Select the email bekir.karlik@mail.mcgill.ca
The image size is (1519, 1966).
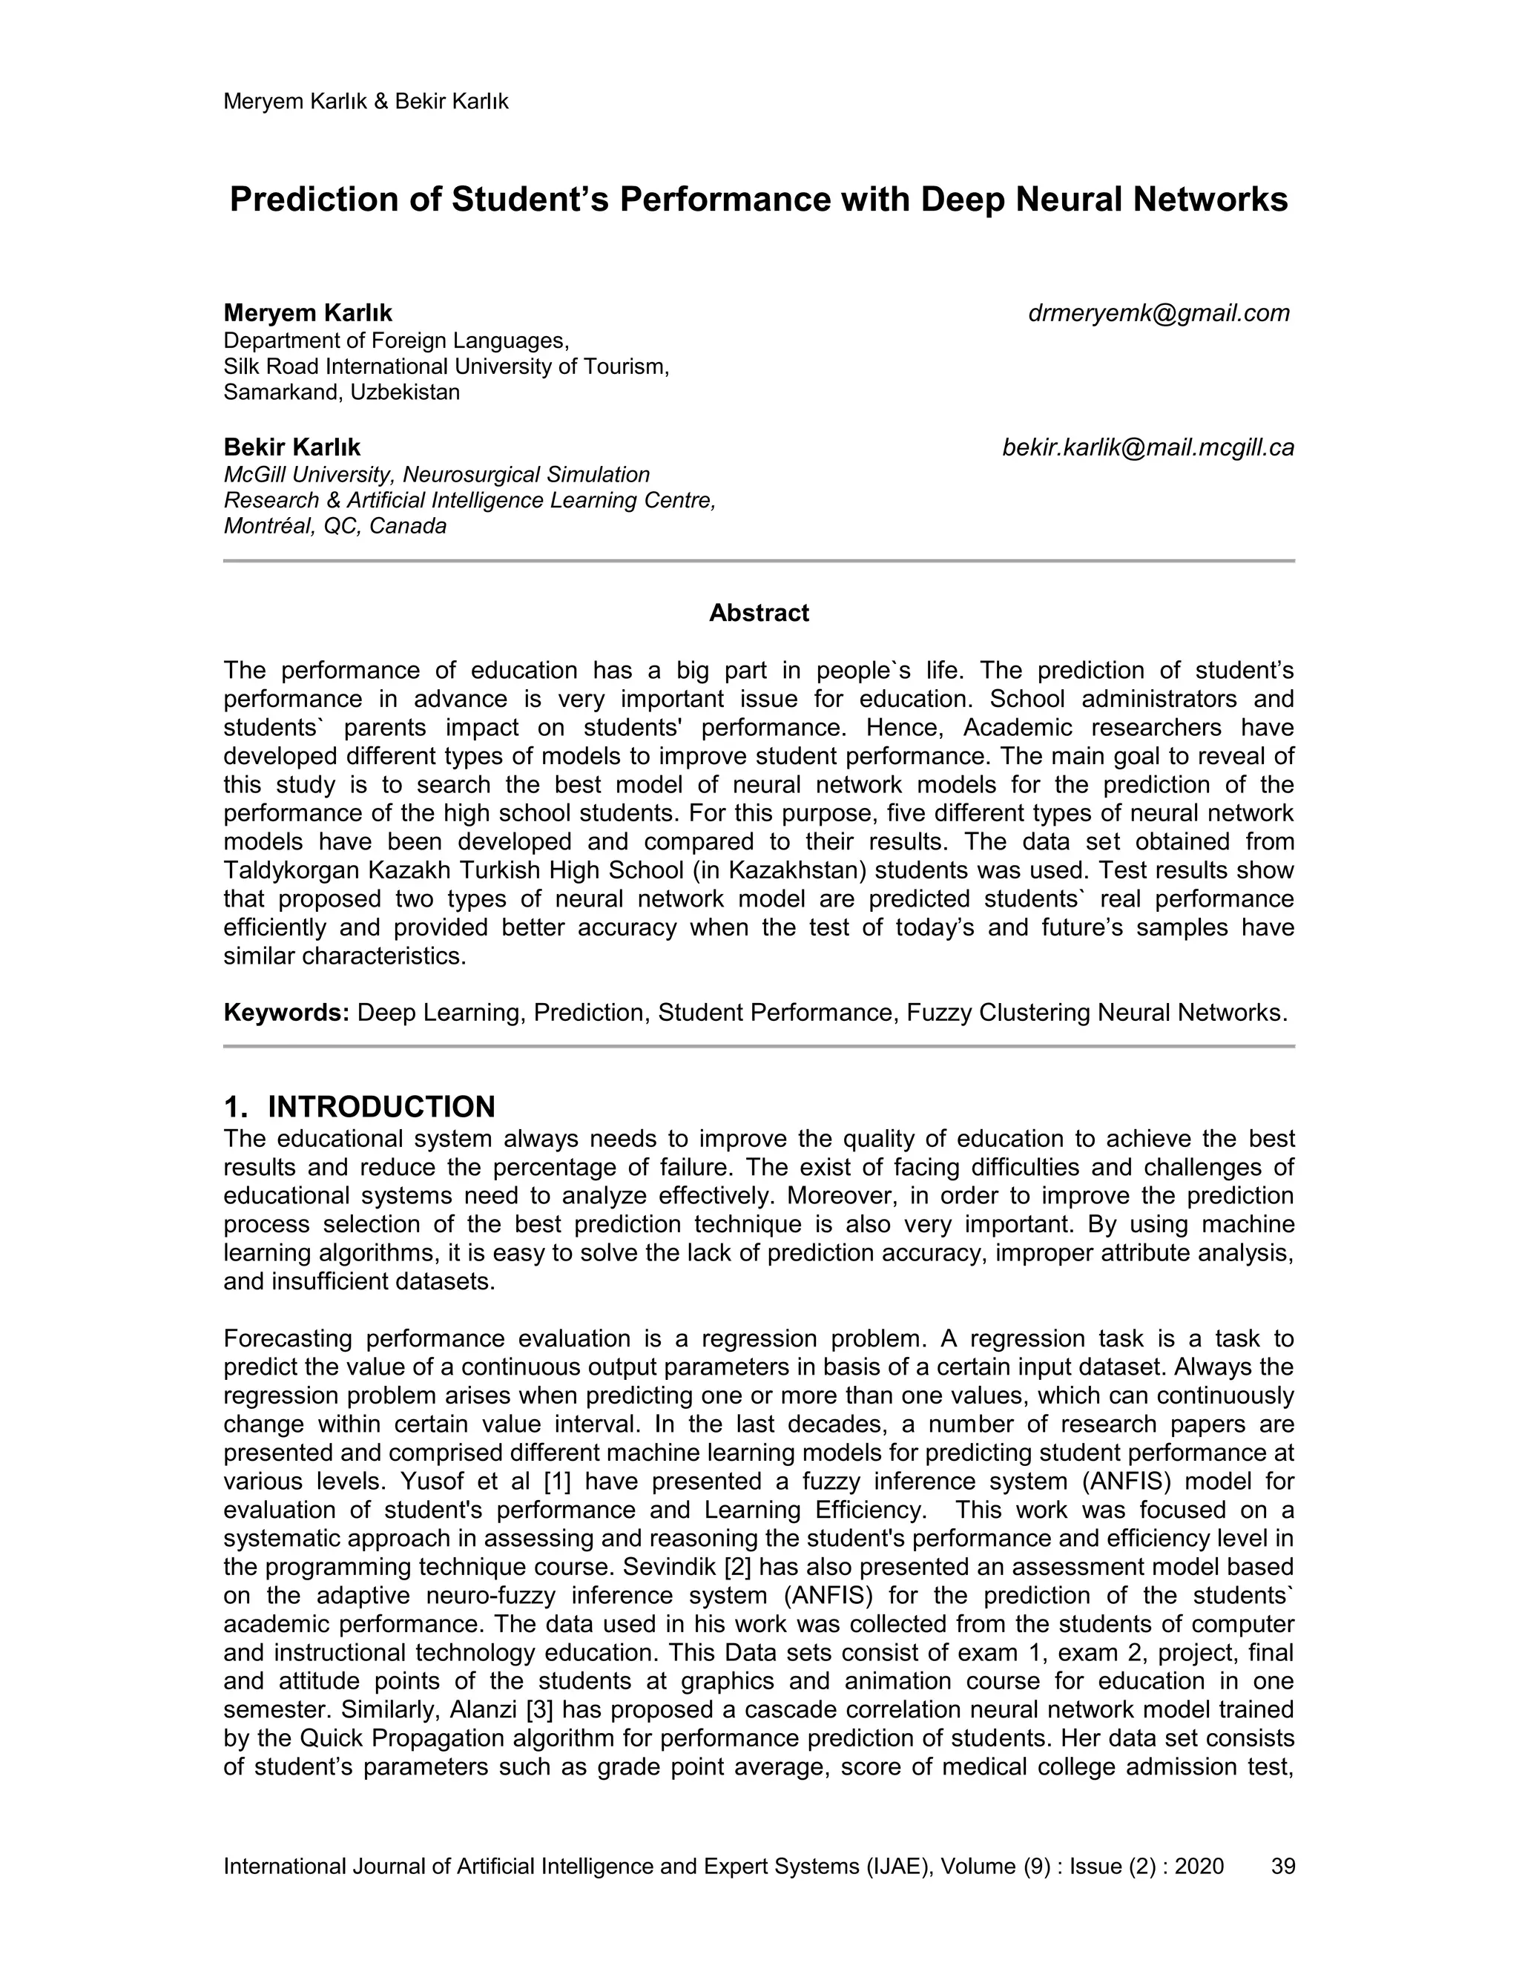tap(1147, 447)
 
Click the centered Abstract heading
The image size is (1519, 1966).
tap(759, 613)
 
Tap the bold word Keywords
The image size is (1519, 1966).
tap(286, 1013)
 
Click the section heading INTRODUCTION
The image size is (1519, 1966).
tap(381, 1106)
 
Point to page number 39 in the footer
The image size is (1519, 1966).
tap(1282, 1866)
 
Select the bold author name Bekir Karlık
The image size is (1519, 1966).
tap(291, 447)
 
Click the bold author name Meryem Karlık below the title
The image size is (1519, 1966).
tap(308, 313)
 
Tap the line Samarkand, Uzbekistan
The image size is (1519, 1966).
tap(341, 392)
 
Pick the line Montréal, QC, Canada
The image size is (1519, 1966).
tap(335, 527)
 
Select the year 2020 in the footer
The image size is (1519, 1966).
tap(1199, 1866)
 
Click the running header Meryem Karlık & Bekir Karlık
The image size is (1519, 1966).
tap(366, 102)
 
